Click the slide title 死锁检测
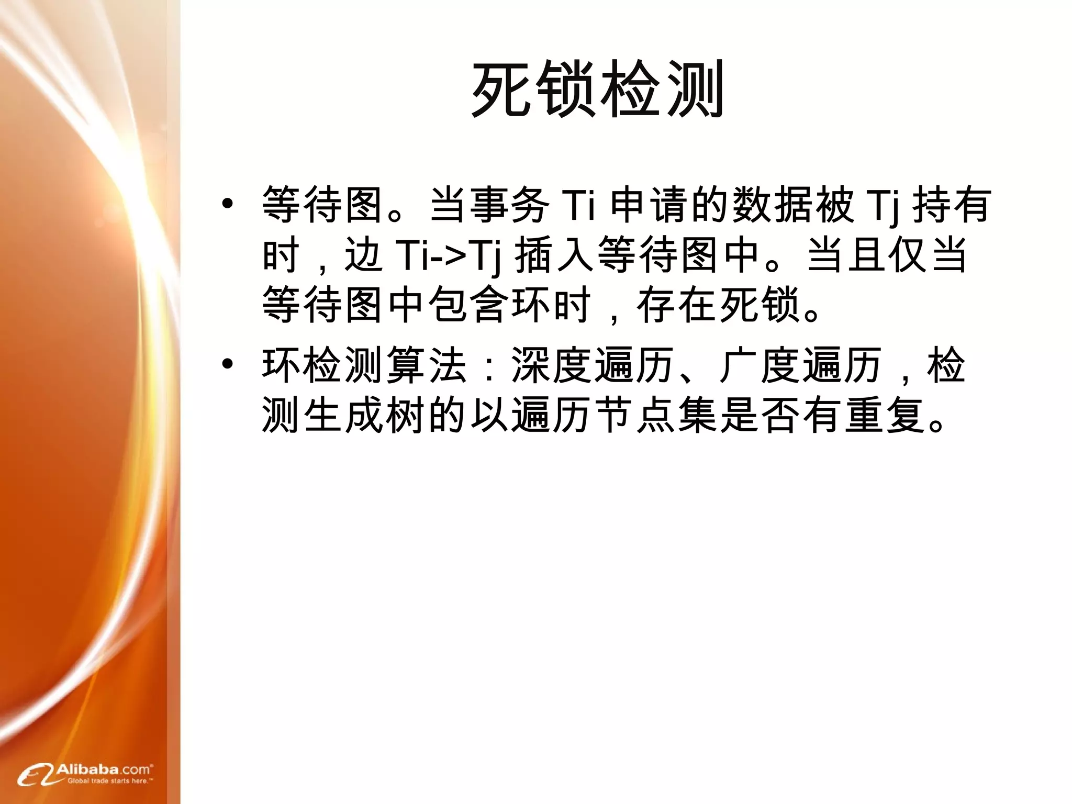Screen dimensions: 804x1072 [597, 89]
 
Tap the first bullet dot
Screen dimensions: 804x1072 [227, 204]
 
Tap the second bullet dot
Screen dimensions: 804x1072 [227, 364]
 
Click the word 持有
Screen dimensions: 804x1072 [952, 204]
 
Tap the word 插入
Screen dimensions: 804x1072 [555, 255]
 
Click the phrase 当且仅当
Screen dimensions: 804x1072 [887, 255]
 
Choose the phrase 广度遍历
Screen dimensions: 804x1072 [801, 365]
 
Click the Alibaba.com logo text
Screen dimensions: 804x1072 [104, 769]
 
